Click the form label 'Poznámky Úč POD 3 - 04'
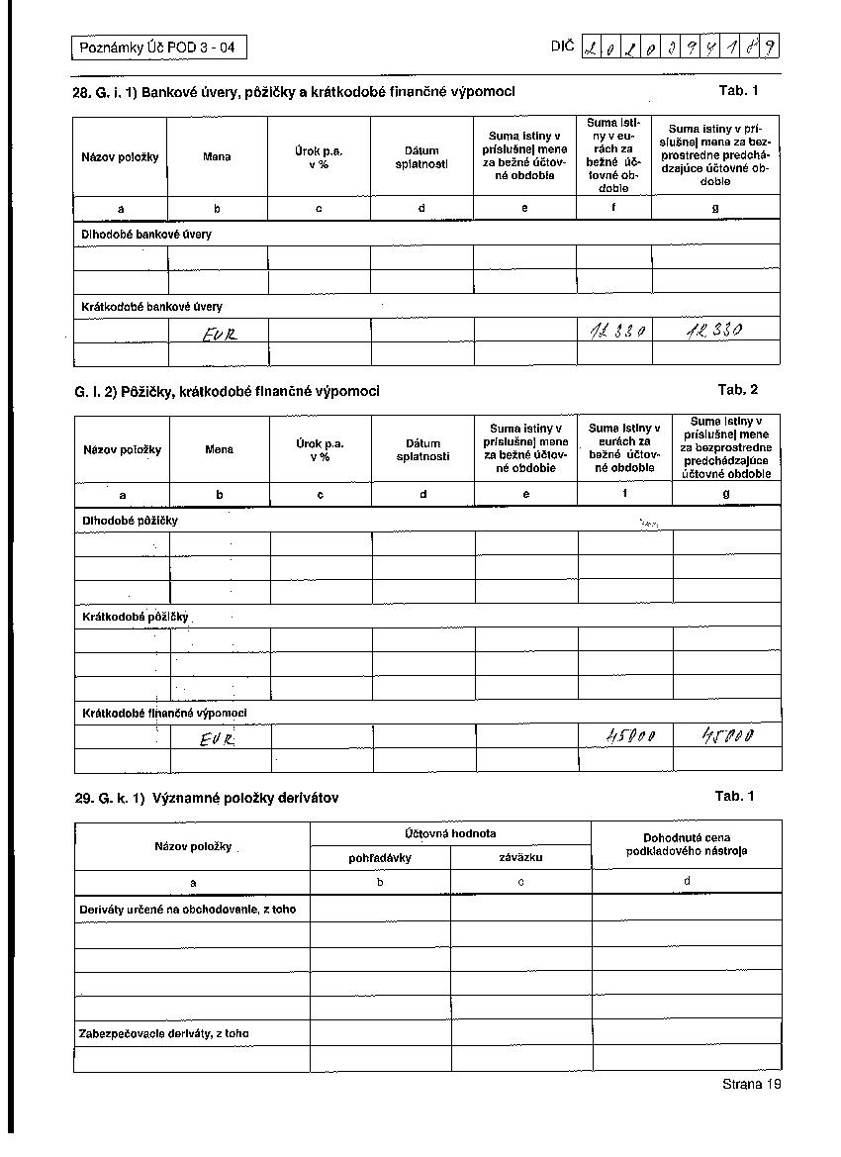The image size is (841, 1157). [x=158, y=47]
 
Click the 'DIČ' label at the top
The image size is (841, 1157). [x=562, y=46]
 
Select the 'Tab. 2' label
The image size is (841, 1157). [x=738, y=389]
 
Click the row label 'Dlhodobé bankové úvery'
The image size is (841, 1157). [x=146, y=235]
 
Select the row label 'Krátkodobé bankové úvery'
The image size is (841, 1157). [x=151, y=307]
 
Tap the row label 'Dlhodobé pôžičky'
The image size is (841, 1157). [x=130, y=520]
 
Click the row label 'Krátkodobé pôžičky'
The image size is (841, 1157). [x=135, y=617]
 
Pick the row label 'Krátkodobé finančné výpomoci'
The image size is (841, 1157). [x=164, y=713]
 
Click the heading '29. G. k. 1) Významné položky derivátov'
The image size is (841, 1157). [x=207, y=798]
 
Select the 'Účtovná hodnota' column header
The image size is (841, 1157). [x=451, y=833]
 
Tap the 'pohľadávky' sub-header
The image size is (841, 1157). [x=380, y=858]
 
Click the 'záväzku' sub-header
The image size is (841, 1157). [x=520, y=858]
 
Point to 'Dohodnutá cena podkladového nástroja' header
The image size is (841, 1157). [x=687, y=844]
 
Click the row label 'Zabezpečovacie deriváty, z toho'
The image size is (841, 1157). [x=164, y=1033]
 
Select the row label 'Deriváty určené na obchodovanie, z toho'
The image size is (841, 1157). [x=187, y=909]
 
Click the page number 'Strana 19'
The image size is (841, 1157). [x=752, y=1085]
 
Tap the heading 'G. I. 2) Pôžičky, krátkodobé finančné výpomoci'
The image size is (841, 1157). [x=227, y=391]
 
